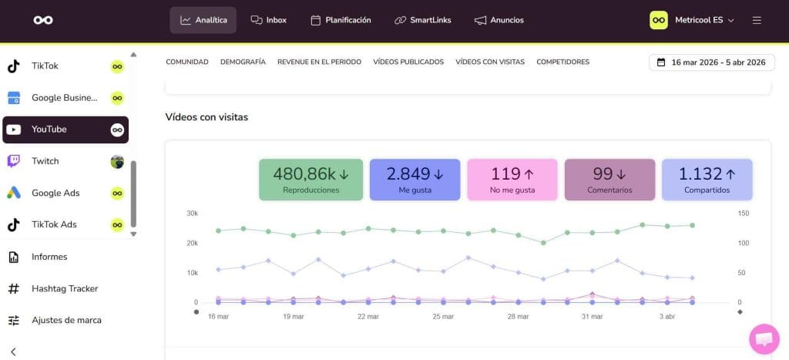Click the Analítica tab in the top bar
tap(203, 20)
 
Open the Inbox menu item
tap(268, 20)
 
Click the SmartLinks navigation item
tap(422, 20)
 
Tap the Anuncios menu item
tap(499, 20)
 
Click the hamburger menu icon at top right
tap(757, 20)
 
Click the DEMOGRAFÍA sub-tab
tap(243, 62)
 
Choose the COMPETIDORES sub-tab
tap(562, 62)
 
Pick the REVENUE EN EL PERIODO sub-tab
tap(319, 62)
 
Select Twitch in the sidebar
tap(45, 161)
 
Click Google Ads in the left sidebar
tap(55, 193)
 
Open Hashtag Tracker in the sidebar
tap(64, 288)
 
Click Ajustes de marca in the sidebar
tap(65, 320)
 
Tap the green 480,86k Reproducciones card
tap(311, 180)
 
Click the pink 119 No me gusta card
tap(512, 180)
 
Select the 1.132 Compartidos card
tap(707, 180)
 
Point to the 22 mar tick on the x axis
tap(368, 316)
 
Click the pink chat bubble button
tap(764, 338)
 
